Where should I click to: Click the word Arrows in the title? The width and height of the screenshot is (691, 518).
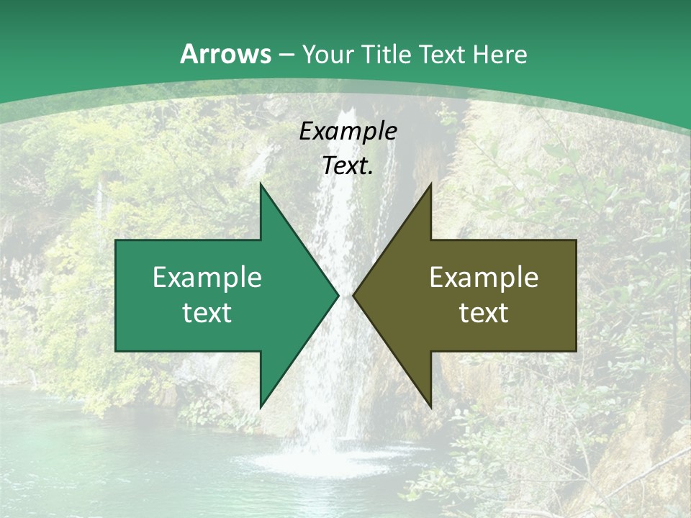pyautogui.click(x=225, y=54)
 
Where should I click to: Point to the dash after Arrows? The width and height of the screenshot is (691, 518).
pyautogui.click(x=286, y=55)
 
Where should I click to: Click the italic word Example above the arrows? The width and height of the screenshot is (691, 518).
pyautogui.click(x=348, y=132)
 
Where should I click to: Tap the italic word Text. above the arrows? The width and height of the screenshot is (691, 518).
pyautogui.click(x=348, y=166)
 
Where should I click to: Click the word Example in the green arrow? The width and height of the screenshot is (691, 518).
pyautogui.click(x=207, y=278)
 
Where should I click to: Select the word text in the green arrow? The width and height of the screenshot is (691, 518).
pyautogui.click(x=207, y=313)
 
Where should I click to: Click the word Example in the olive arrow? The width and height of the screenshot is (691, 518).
pyautogui.click(x=484, y=278)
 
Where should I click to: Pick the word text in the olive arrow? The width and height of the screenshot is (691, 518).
pyautogui.click(x=484, y=313)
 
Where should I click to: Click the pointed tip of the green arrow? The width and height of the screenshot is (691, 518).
pyautogui.click(x=338, y=295)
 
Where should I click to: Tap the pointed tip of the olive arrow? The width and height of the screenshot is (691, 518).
pyautogui.click(x=353, y=295)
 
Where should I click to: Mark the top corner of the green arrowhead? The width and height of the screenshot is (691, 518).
pyautogui.click(x=261, y=184)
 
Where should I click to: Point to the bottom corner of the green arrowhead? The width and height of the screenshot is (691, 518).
pyautogui.click(x=261, y=407)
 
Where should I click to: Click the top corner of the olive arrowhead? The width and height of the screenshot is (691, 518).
pyautogui.click(x=430, y=184)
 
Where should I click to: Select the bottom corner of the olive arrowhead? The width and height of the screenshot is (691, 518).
pyautogui.click(x=430, y=407)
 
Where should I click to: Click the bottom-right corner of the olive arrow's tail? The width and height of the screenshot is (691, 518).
pyautogui.click(x=576, y=350)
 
